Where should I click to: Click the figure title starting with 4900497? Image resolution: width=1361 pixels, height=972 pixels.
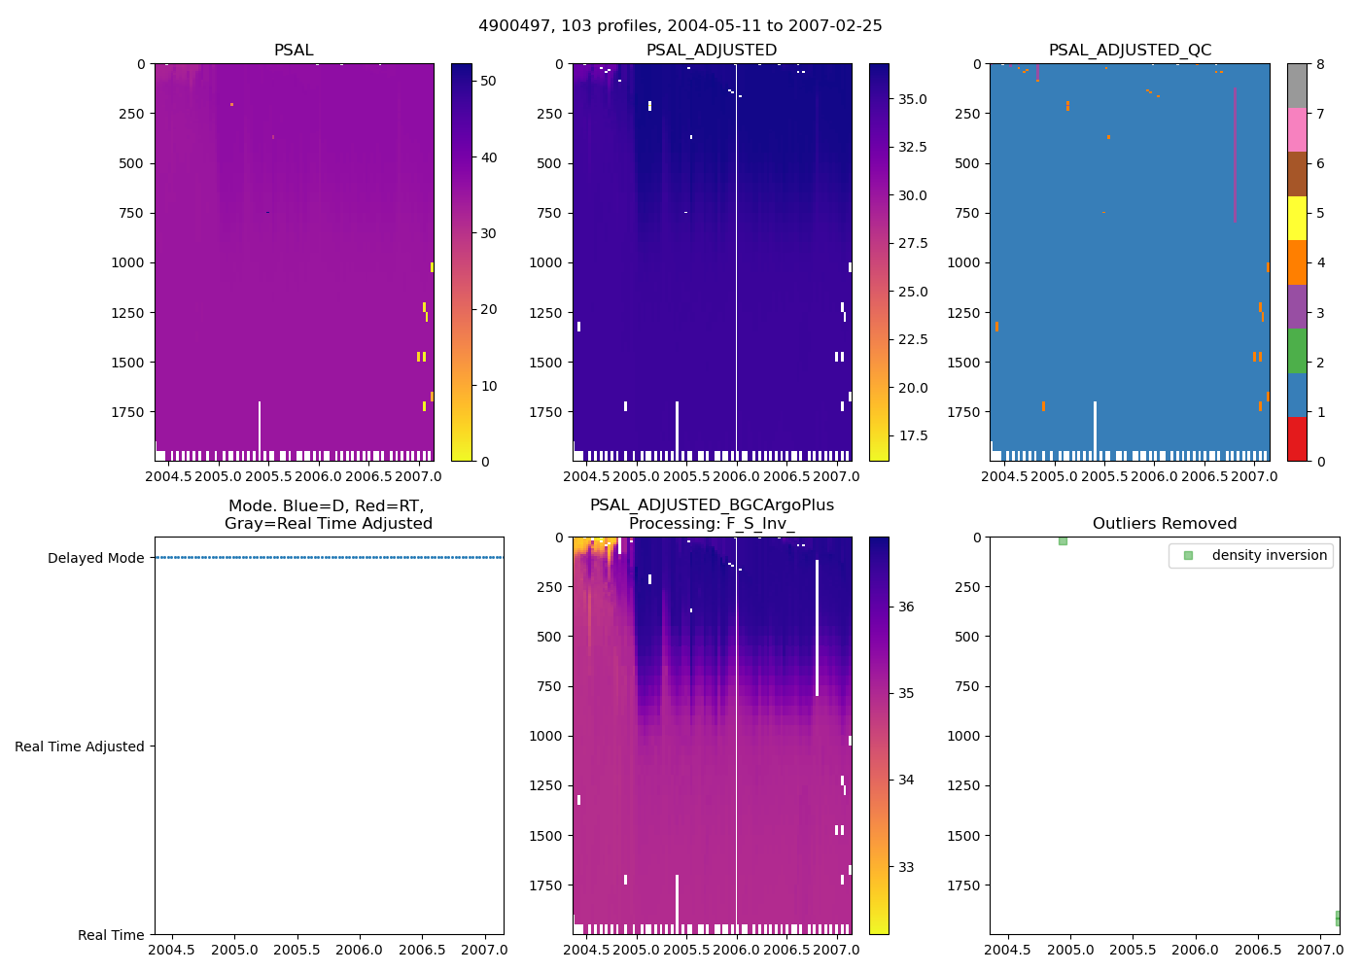pyautogui.click(x=680, y=26)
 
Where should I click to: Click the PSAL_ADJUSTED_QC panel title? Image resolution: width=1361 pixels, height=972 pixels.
pyautogui.click(x=1130, y=51)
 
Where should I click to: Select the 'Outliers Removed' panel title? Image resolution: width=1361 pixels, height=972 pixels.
pyautogui.click(x=1164, y=524)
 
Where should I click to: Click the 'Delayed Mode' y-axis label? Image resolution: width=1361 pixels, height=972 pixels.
pyautogui.click(x=95, y=558)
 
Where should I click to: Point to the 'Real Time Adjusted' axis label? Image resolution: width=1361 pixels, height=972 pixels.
pyautogui.click(x=79, y=746)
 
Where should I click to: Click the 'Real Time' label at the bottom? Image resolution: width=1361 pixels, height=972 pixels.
pyautogui.click(x=111, y=935)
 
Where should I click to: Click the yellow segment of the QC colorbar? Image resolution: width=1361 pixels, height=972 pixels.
pyautogui.click(x=1297, y=218)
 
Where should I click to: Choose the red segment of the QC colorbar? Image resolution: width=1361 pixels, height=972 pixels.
pyautogui.click(x=1297, y=438)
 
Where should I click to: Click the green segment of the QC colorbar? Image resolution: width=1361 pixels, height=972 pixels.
pyautogui.click(x=1297, y=351)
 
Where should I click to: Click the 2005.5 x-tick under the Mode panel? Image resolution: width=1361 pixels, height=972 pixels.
pyautogui.click(x=297, y=950)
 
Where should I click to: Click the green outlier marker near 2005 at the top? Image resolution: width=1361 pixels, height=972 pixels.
pyautogui.click(x=1063, y=540)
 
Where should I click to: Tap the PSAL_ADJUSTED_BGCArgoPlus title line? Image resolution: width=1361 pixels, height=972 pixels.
pyautogui.click(x=712, y=505)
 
